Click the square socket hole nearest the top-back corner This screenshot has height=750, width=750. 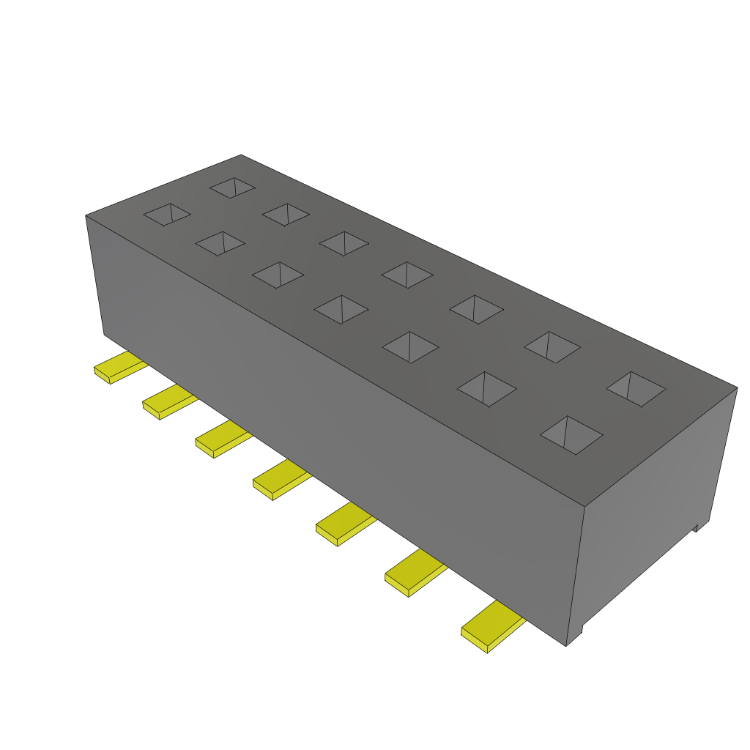(x=232, y=187)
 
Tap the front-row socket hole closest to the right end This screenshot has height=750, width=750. (x=571, y=435)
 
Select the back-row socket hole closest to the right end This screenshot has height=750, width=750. (x=636, y=389)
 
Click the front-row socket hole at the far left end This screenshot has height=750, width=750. (x=167, y=214)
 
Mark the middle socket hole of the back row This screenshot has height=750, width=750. (x=407, y=275)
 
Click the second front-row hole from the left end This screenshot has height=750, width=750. (x=220, y=243)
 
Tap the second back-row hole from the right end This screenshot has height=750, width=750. (x=552, y=346)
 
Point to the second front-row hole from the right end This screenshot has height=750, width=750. (x=486, y=388)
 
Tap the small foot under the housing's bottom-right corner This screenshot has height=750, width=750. (x=576, y=634)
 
